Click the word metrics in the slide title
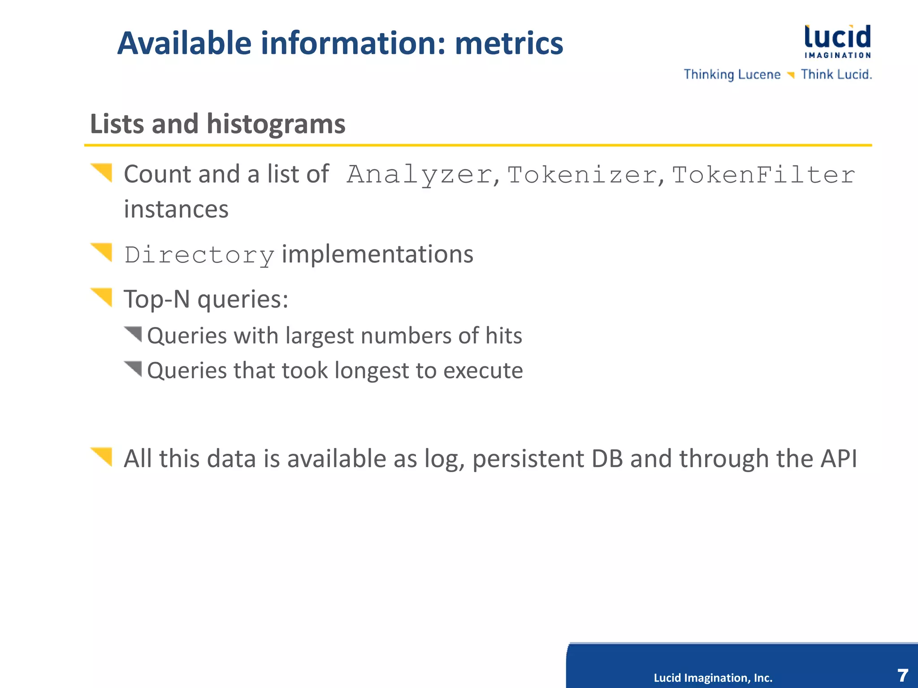coord(509,43)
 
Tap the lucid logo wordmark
coord(837,37)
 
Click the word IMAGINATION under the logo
coord(837,56)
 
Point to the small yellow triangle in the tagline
coord(791,75)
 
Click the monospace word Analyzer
coord(420,175)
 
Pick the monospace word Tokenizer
coord(582,175)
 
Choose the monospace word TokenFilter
coord(763,175)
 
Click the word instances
coord(176,209)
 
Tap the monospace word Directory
coord(199,255)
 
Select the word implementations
coord(377,254)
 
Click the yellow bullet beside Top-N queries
coord(102,297)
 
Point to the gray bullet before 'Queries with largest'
coord(134,334)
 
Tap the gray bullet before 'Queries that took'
coord(134,369)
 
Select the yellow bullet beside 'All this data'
coord(102,456)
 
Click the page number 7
coord(902,675)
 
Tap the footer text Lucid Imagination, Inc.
coord(713,678)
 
